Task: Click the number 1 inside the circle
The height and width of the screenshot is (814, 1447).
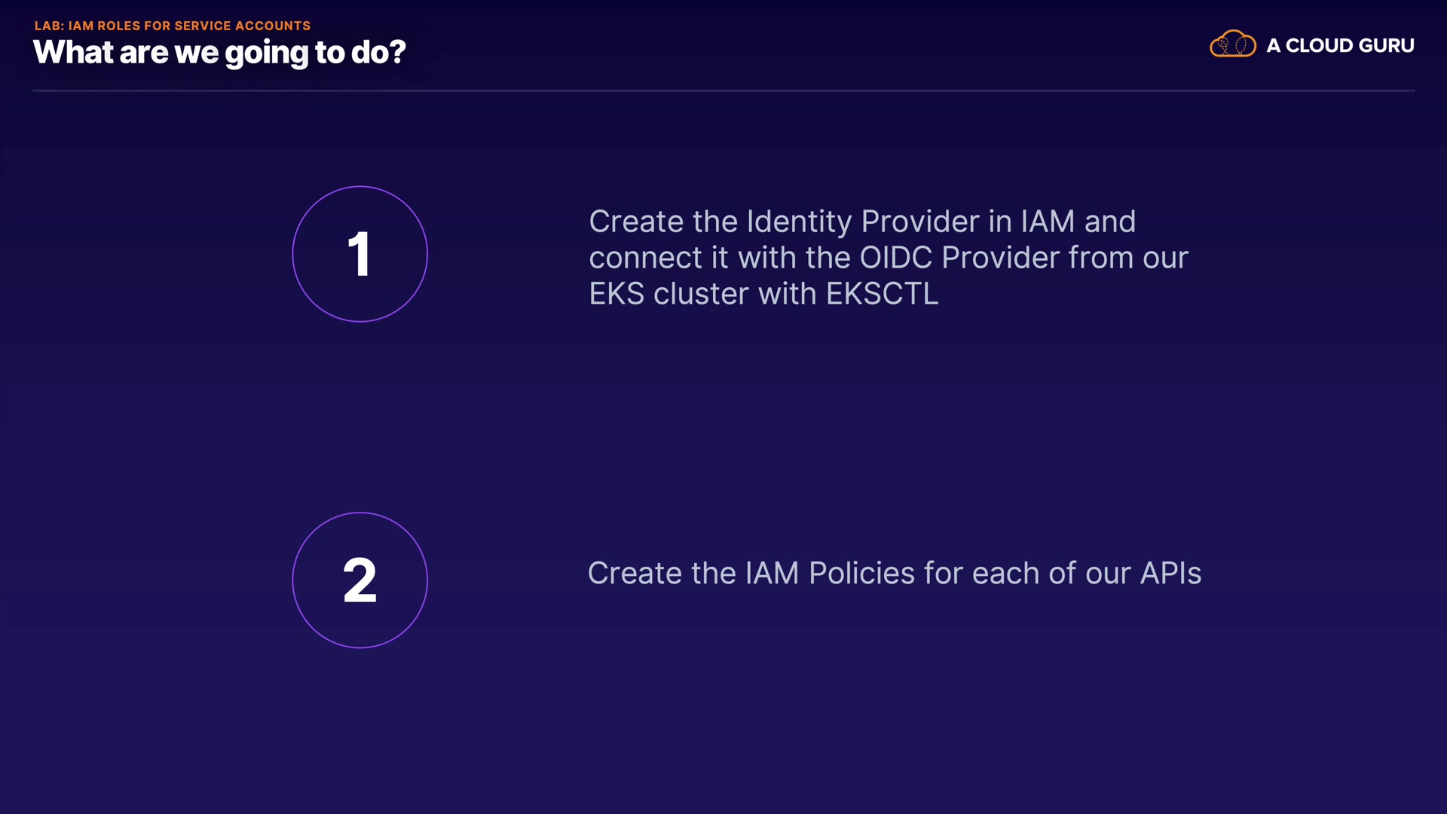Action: click(x=359, y=255)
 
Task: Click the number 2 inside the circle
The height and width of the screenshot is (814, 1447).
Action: click(x=359, y=580)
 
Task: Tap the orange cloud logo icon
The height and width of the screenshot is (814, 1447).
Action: click(x=1233, y=44)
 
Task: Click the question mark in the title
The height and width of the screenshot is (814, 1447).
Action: click(x=397, y=51)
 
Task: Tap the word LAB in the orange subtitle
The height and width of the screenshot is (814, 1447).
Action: click(x=49, y=26)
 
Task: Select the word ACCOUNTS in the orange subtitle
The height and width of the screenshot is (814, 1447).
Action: click(x=273, y=26)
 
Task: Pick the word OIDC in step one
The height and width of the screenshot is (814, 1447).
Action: click(x=896, y=258)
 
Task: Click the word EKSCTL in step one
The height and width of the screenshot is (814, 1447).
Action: click(x=883, y=294)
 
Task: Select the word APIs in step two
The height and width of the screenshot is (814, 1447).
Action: click(x=1170, y=574)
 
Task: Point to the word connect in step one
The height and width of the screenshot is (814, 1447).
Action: click(x=645, y=259)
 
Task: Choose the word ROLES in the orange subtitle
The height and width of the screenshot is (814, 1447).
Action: click(x=119, y=26)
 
